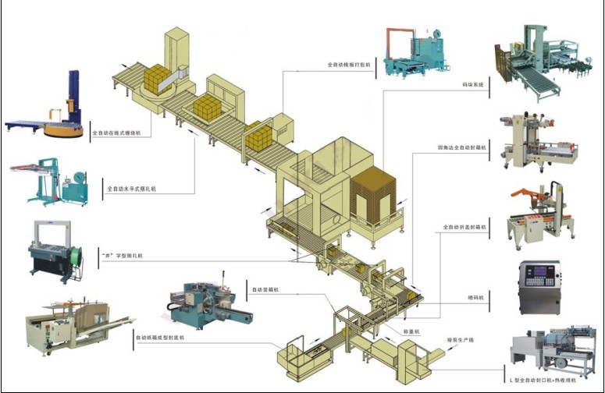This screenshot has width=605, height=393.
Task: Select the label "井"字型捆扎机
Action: [123, 255]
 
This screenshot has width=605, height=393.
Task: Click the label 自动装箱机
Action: [265, 289]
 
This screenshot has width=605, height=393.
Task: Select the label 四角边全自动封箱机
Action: [462, 146]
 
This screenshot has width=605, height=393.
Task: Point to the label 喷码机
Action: [476, 297]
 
